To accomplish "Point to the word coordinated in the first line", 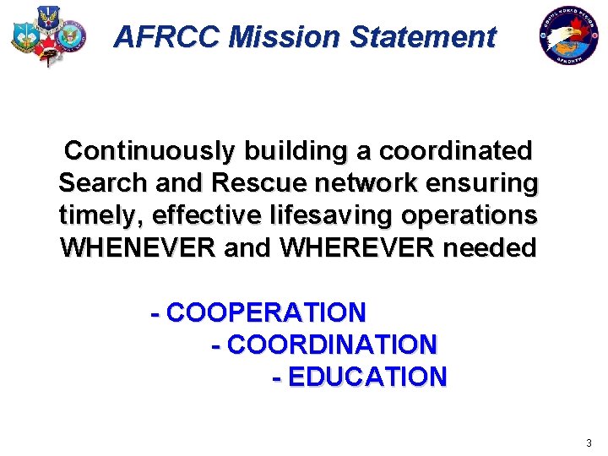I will (455, 151).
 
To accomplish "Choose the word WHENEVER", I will (138, 248).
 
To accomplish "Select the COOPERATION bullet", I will (258, 312).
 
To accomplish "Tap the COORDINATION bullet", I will (325, 345).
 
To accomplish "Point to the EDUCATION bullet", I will (361, 377).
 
